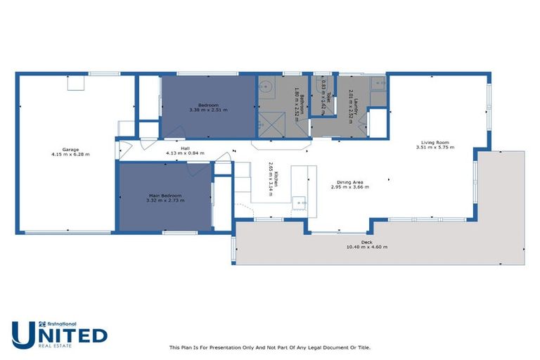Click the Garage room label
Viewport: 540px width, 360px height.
(70, 149)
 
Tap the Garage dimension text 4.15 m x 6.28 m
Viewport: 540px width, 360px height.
(70, 154)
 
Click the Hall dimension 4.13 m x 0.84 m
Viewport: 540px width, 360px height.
(186, 153)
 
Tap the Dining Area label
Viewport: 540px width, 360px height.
(351, 182)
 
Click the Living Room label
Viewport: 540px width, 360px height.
(435, 142)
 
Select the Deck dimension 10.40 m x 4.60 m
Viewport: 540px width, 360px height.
(366, 247)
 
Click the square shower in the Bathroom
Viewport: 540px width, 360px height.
(268, 123)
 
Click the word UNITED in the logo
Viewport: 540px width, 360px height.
(60, 334)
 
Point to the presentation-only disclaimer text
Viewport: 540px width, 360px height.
(270, 347)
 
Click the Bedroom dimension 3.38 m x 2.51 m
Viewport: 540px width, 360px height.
(208, 110)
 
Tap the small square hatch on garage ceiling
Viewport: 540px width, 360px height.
(75, 84)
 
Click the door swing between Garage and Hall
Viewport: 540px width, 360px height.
(124, 150)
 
